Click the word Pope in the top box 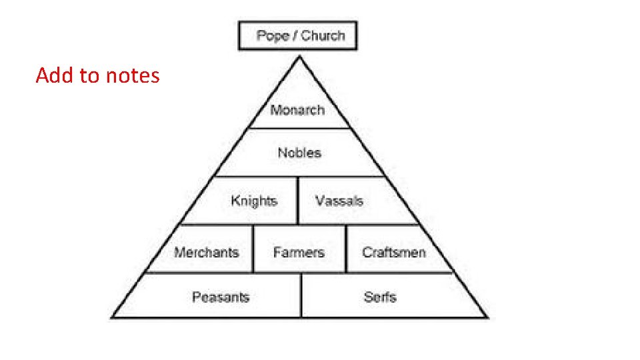tap(272, 36)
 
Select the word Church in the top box tap(323, 36)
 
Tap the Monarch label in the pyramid tap(297, 110)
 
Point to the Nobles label tap(299, 153)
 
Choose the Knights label tap(254, 201)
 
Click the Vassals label tap(339, 201)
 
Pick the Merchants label tap(206, 252)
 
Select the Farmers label tap(299, 252)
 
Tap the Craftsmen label tap(393, 252)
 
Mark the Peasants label tap(220, 297)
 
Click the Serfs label tap(380, 297)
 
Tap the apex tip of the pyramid tap(299, 57)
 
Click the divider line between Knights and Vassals tap(297, 201)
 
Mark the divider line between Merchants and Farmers tap(253, 249)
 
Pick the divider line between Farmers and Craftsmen tap(346, 249)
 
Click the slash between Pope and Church tap(295, 36)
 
